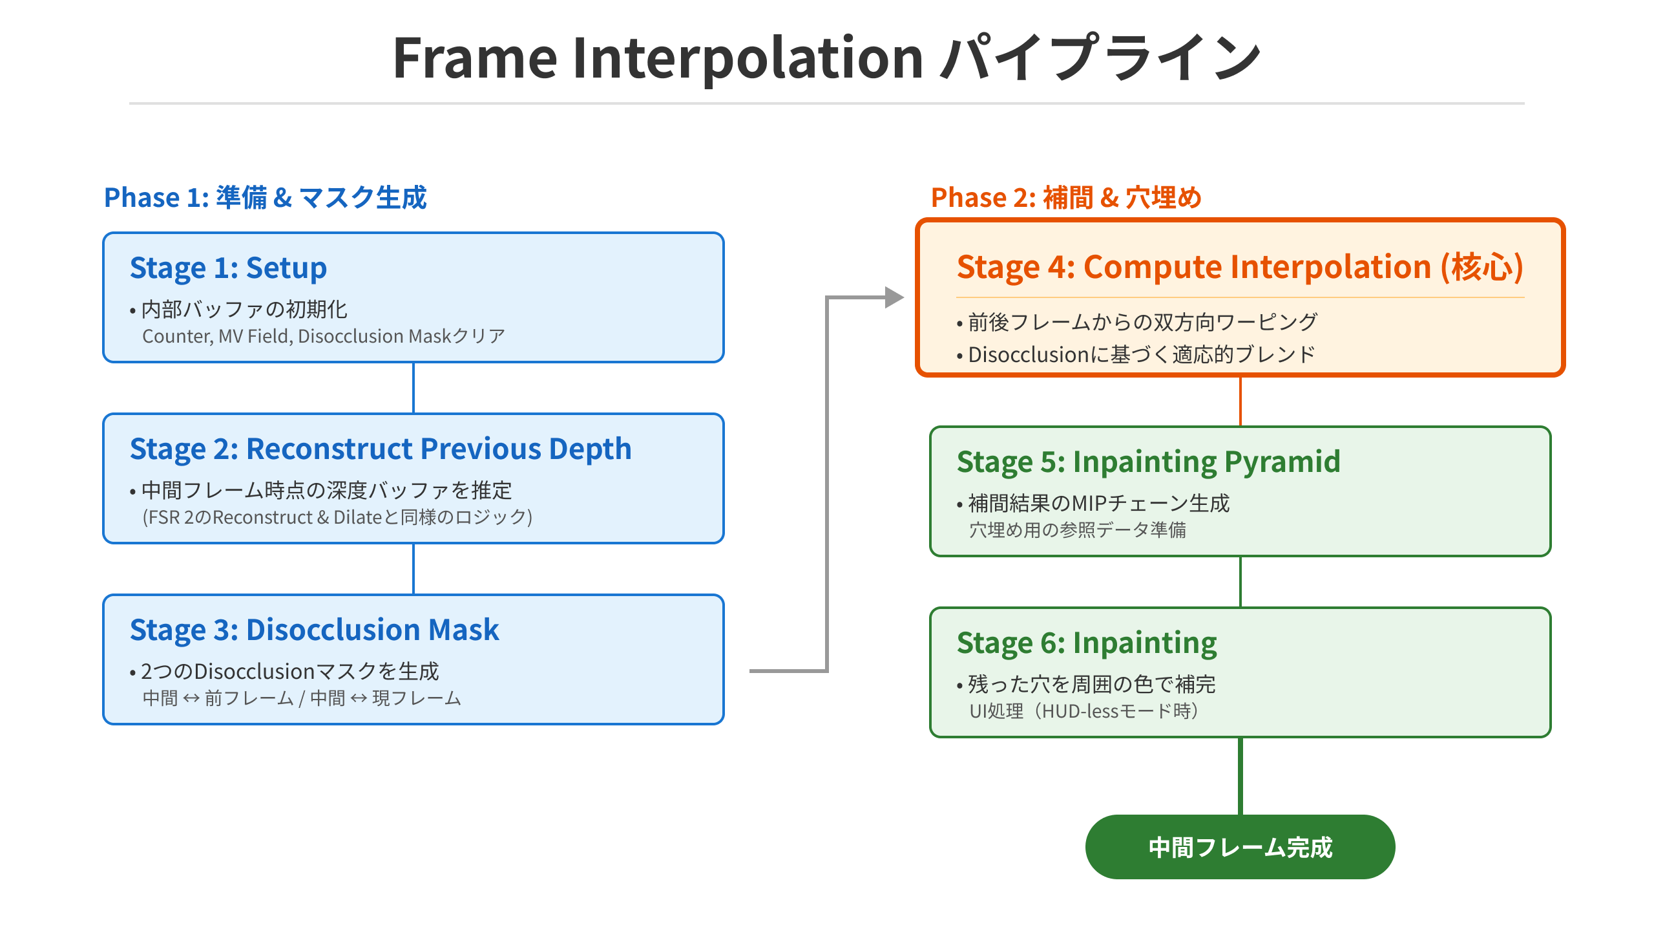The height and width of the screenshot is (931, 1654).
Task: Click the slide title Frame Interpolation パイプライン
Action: click(827, 58)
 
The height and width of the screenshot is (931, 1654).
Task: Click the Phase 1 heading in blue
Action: click(266, 197)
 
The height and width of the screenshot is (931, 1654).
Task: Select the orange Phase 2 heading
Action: click(1066, 197)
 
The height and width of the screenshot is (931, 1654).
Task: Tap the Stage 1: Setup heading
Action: click(228, 268)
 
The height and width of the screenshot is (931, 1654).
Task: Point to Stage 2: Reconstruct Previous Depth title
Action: click(381, 449)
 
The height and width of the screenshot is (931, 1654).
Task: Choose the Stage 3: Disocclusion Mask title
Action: click(314, 630)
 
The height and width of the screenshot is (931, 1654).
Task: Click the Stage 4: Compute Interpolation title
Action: click(1240, 267)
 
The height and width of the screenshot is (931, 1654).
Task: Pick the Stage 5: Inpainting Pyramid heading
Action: click(1148, 462)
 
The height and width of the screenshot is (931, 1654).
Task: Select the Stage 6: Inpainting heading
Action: click(1087, 643)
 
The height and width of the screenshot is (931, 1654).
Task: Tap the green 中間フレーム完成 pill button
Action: click(1240, 847)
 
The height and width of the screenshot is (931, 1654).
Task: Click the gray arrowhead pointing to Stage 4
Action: click(895, 297)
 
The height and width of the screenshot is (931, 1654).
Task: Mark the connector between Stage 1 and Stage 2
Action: click(413, 388)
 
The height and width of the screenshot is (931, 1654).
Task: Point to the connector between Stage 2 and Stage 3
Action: click(413, 569)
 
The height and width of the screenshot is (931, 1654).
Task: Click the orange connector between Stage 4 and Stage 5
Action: click(1240, 401)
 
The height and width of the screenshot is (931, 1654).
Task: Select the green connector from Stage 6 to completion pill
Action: click(1240, 776)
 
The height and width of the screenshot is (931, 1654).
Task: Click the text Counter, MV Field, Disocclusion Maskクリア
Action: click(324, 336)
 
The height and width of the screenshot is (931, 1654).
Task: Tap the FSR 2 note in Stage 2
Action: click(337, 517)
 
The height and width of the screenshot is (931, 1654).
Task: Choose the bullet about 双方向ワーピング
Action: click(1136, 322)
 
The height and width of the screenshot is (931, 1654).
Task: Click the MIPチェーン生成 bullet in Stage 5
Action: click(1093, 503)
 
